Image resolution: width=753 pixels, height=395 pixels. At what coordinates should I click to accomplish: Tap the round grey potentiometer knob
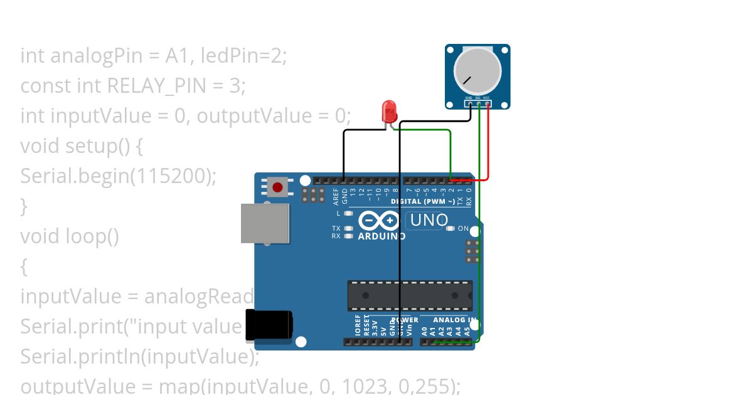[477, 70]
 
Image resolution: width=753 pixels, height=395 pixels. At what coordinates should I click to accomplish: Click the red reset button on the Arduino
[277, 186]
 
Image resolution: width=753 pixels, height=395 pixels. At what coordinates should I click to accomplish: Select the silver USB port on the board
[265, 223]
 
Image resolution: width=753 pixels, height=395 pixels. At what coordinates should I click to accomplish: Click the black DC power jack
[269, 326]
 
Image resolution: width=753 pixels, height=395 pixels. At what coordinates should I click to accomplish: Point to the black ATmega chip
[410, 295]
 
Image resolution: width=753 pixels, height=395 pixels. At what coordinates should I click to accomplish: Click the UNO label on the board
[429, 220]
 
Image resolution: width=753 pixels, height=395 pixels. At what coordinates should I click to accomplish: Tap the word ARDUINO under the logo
[382, 237]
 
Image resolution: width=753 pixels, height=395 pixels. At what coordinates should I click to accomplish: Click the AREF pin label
[336, 197]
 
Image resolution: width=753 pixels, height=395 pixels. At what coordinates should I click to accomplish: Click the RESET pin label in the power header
[366, 327]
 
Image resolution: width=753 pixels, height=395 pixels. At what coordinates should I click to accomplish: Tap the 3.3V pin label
[375, 327]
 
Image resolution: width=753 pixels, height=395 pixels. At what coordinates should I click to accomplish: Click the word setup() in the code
[97, 146]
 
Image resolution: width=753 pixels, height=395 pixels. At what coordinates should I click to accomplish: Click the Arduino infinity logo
[379, 221]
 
